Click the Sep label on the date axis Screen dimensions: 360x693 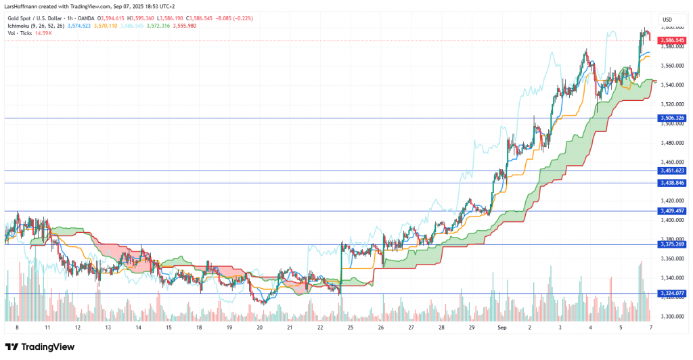tap(502, 327)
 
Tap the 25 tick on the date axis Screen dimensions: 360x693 tap(351, 327)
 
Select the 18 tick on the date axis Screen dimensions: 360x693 tap(199, 327)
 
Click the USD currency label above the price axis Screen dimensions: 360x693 tap(667, 19)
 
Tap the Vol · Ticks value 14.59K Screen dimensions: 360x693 tap(46, 32)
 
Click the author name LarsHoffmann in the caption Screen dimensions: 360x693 tap(20, 7)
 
